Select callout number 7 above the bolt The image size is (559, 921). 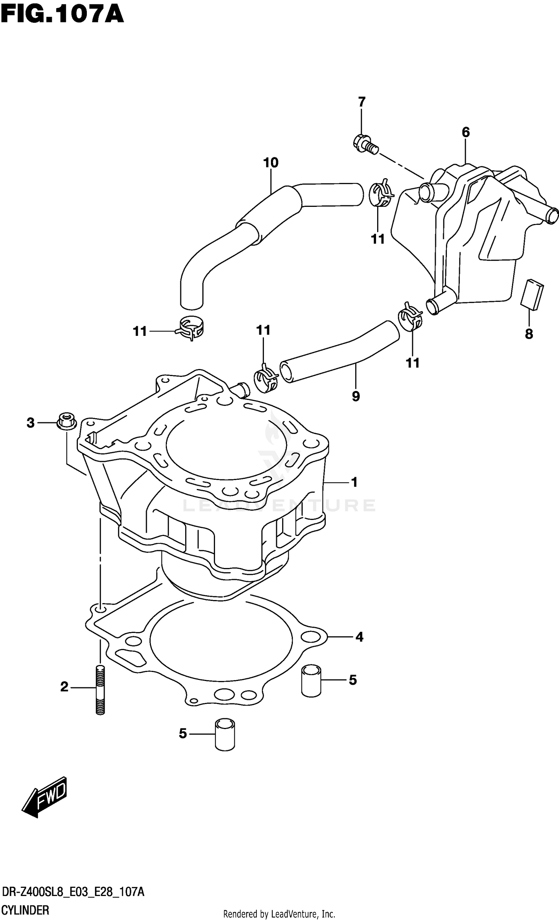pos(361,102)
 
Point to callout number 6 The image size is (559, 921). pos(465,132)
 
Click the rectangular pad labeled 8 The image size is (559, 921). pos(532,294)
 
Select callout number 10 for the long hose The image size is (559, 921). pos(271,163)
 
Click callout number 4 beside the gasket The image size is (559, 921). pos(359,637)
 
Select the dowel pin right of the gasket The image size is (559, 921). pos(311,680)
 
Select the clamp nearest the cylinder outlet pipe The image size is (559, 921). pos(266,380)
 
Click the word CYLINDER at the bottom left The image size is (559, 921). pos(25,909)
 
